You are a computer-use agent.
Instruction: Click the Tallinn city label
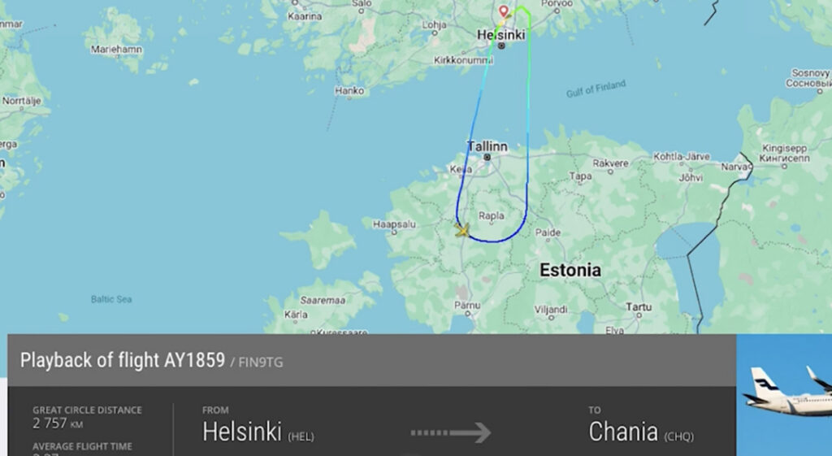pos(487,146)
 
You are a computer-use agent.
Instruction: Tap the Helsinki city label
pos(500,35)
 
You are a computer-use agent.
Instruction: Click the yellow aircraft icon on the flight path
pos(462,230)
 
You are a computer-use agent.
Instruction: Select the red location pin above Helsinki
pos(504,11)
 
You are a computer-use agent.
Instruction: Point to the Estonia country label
pos(570,270)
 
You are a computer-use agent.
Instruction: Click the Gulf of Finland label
pos(596,89)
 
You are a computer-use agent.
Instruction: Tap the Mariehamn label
pos(116,49)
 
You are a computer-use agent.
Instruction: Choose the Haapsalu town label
pos(394,224)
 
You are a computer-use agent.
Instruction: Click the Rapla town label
pos(491,215)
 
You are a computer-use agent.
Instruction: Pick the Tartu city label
pos(639,306)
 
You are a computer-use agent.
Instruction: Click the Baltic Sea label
pos(111,299)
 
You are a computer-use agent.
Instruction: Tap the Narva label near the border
pos(734,167)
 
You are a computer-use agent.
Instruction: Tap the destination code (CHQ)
pos(678,436)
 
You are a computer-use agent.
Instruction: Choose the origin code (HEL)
pos(301,436)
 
